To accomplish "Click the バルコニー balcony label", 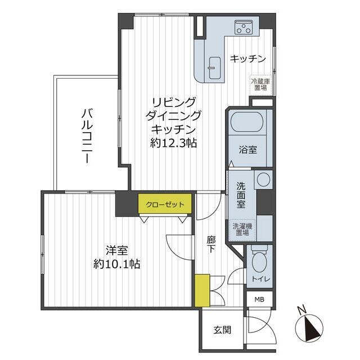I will (x=87, y=135).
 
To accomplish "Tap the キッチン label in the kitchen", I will (x=247, y=58).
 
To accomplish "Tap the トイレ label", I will (x=261, y=280).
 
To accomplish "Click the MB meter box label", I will (x=260, y=299).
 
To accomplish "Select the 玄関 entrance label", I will (x=222, y=330).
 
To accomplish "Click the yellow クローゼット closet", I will (x=165, y=204).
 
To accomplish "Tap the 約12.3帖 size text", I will (x=173, y=143).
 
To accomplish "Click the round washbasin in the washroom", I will (x=263, y=181).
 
